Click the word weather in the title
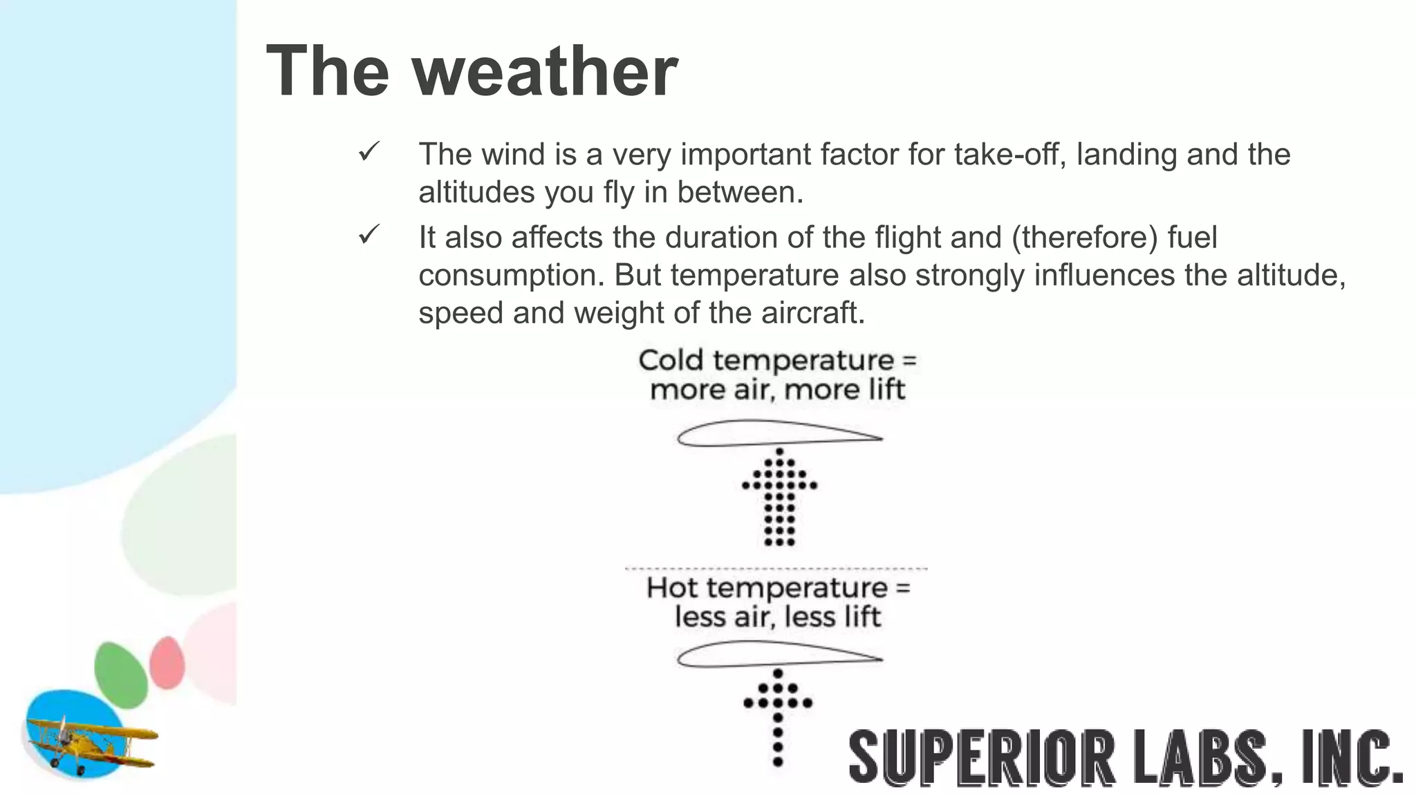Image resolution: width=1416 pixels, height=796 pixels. pos(546,72)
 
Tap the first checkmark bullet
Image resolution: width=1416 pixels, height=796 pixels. pos(369,151)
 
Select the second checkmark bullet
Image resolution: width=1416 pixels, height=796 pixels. pos(369,235)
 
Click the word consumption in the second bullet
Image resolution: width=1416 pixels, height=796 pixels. pos(511,276)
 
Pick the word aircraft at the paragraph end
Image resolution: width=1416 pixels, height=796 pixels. pos(812,313)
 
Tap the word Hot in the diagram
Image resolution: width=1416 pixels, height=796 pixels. pos(671,588)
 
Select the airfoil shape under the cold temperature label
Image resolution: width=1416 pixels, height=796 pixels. pos(779,434)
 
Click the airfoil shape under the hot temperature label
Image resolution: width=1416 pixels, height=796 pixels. pos(779,654)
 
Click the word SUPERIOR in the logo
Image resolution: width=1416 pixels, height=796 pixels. pos(982,758)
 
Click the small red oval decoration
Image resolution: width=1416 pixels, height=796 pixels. pos(167,663)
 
